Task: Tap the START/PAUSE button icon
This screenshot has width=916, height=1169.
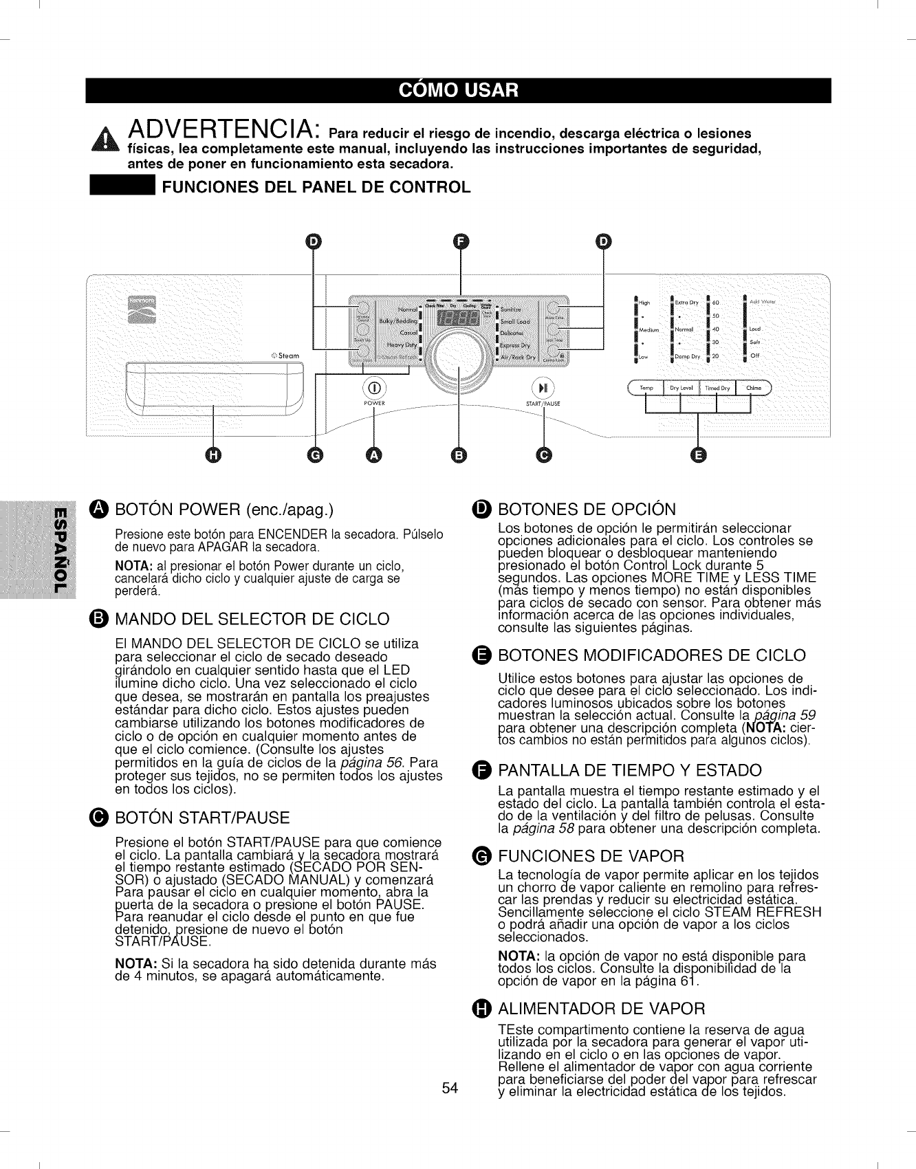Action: point(543,386)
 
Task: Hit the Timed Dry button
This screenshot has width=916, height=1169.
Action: point(717,389)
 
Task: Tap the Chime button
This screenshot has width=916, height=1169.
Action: point(754,389)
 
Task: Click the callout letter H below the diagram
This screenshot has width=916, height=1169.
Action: point(214,455)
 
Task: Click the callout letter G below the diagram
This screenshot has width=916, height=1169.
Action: point(315,455)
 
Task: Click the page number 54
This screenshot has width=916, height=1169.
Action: point(450,1088)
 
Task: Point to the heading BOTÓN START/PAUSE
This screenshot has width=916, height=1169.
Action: point(202,818)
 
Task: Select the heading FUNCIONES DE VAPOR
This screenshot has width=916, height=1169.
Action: point(591,856)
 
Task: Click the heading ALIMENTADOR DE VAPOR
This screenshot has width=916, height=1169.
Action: point(602,1009)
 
